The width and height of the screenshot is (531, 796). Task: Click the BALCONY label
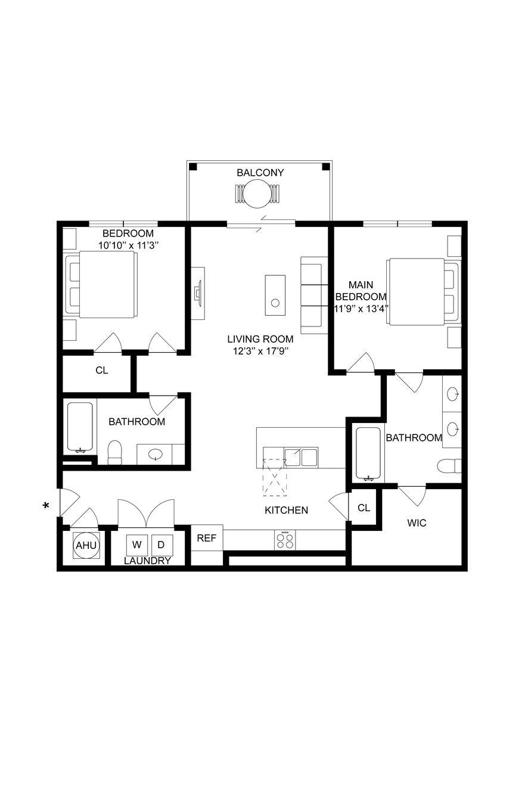click(260, 173)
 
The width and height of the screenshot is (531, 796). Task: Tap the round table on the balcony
click(257, 194)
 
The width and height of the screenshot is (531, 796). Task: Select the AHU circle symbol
click(86, 545)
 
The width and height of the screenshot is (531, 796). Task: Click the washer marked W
click(137, 545)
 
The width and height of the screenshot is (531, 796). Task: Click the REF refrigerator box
click(207, 537)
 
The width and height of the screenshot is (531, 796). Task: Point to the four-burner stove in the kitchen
click(285, 540)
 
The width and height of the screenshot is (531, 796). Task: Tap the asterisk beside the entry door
click(46, 505)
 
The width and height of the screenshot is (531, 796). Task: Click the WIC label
click(417, 523)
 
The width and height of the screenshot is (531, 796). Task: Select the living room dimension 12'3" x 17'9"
click(260, 352)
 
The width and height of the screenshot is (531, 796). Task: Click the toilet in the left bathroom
click(115, 452)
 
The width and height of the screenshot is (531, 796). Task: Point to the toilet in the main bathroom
click(449, 466)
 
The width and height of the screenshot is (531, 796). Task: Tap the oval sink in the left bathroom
click(156, 454)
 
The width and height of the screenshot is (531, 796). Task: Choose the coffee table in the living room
click(275, 295)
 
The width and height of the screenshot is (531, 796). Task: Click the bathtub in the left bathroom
click(80, 428)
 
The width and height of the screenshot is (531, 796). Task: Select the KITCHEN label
click(286, 510)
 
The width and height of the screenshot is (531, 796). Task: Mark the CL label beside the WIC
click(364, 508)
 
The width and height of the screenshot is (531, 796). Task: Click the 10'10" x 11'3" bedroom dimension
click(128, 245)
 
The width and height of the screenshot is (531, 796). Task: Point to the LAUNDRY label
click(148, 561)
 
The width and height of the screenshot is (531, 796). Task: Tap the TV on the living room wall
click(198, 294)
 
